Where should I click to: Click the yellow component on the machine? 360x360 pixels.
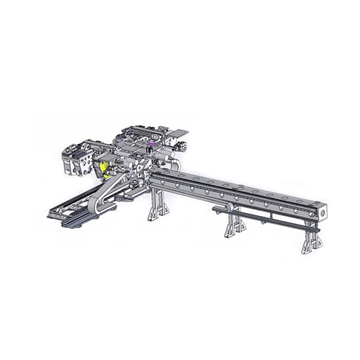point(104,168)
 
